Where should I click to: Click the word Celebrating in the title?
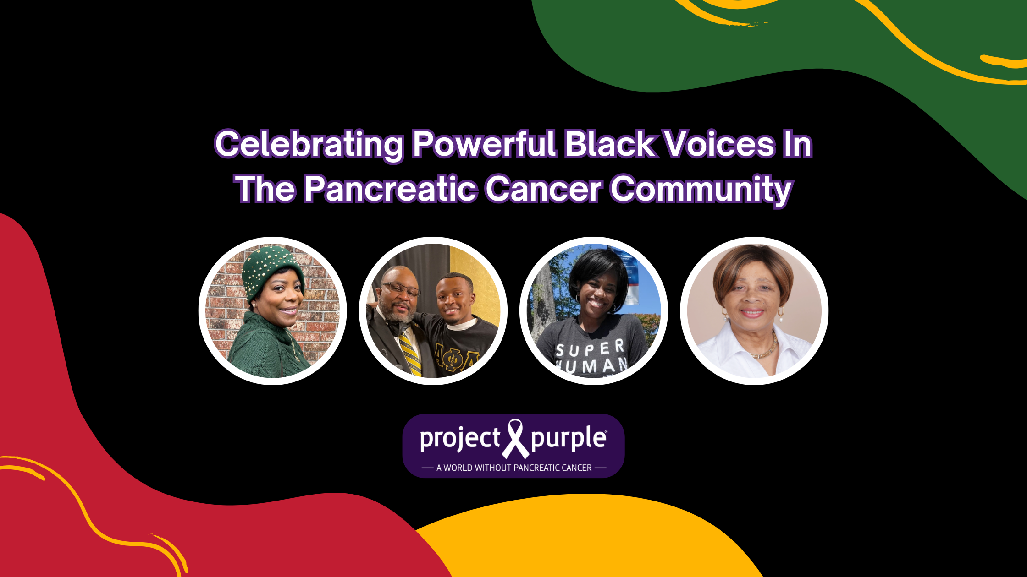click(309, 145)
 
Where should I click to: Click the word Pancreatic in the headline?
click(390, 189)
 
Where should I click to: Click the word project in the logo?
click(459, 439)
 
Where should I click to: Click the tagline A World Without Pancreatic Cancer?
click(514, 468)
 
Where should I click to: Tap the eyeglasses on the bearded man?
click(401, 289)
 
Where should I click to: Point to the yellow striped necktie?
click(409, 353)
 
